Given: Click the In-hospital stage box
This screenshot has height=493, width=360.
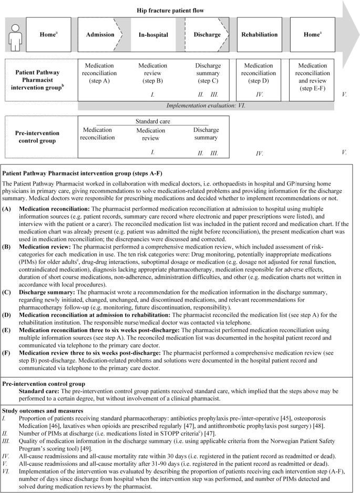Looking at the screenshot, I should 153,35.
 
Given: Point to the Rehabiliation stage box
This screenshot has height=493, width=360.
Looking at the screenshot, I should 259,35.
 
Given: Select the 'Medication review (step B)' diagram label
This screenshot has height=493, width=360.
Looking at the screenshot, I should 152,73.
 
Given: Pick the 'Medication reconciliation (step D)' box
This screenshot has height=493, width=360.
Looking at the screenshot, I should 259,73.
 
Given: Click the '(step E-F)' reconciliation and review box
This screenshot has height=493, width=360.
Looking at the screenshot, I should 312,73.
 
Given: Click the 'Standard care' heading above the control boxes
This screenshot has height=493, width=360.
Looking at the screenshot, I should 152,120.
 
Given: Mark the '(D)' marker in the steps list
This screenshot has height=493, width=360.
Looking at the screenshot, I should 8,314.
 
